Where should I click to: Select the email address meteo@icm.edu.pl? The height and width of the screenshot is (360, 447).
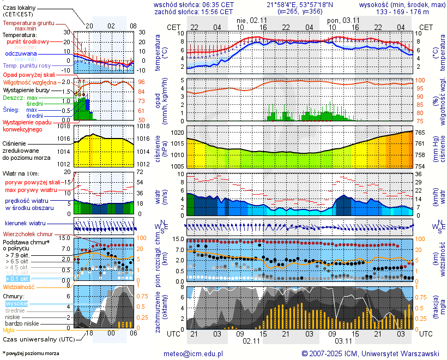click(194, 353)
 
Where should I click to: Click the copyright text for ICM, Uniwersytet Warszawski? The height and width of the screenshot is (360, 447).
click(370, 353)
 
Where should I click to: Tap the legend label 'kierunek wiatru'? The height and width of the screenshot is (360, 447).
click(25, 224)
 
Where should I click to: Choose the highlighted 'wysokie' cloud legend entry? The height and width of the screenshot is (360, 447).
click(16, 303)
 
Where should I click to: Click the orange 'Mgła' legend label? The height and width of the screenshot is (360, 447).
click(9, 331)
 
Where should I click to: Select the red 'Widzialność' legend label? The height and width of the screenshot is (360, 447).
click(19, 286)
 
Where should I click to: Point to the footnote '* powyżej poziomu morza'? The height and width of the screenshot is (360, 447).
click(31, 353)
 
